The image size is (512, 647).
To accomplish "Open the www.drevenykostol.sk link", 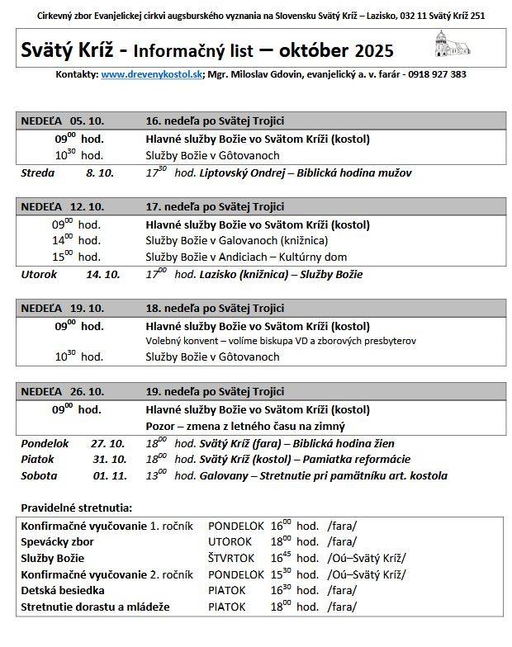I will point(152,74).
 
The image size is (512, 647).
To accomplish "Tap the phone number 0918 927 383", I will point(434,74).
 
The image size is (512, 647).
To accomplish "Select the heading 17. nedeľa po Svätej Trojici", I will point(215,206).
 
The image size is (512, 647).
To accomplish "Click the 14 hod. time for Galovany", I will point(77,240).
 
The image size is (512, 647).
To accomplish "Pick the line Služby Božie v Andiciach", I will point(246,257).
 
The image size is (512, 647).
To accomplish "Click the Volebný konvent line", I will point(281,341).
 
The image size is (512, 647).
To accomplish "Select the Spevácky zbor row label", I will point(57,542).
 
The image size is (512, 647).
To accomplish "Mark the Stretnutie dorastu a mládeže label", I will point(95,607).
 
